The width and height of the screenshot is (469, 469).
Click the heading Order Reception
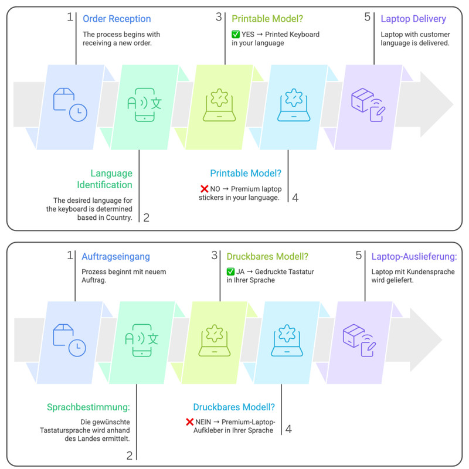pos(117,19)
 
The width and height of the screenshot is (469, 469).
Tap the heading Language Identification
pos(104,179)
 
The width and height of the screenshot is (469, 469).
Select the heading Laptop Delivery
pos(413,19)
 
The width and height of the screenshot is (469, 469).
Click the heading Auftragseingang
pos(115,256)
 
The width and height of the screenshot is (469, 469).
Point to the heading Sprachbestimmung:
pos(89,407)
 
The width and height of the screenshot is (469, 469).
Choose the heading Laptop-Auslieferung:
pos(414,256)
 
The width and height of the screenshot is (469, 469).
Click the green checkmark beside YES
pos(236,34)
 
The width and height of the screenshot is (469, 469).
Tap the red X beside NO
pos(204,189)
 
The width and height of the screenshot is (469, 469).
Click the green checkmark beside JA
pos(230,271)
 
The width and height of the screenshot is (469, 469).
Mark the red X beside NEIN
pos(189,422)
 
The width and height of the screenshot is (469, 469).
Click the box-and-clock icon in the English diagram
pos(70,104)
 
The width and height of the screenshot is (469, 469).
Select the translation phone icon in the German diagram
pos(141,340)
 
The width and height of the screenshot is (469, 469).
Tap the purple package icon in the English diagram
pos(368,105)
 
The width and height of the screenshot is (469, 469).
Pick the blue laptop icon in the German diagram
pos(287,340)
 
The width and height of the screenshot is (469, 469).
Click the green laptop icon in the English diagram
pos(219,105)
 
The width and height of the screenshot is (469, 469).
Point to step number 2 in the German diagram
pos(129,456)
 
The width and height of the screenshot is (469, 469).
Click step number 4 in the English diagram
pos(295,198)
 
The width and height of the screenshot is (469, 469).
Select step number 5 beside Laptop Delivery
pos(368,17)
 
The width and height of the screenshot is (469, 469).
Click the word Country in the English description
pos(119,217)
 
